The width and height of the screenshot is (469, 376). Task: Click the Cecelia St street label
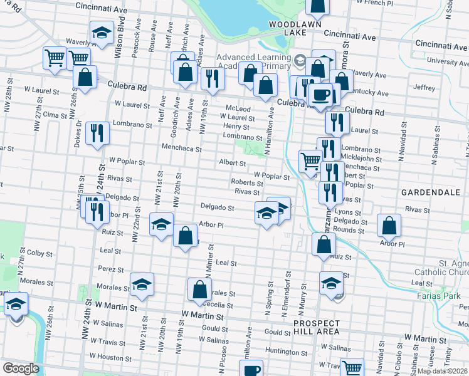point(218,306)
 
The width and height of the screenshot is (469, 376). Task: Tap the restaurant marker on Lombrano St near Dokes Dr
point(97,133)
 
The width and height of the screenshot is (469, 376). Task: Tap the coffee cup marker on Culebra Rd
point(321,95)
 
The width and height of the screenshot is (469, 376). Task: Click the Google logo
point(21,368)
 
